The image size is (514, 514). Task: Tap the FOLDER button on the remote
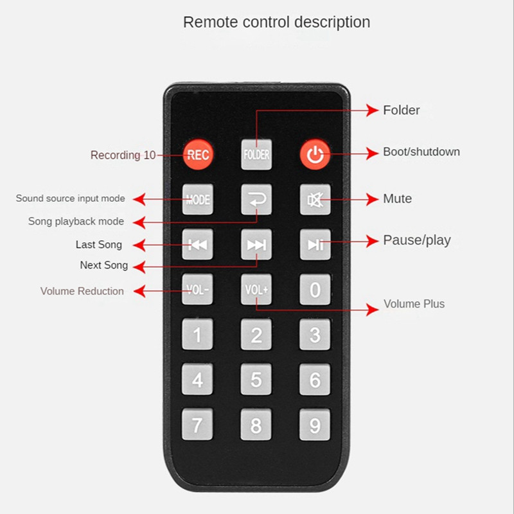256,154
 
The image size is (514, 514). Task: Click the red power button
315,154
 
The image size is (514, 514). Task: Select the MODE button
197,199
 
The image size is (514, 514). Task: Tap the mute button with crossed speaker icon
315,199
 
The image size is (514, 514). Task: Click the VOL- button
197,289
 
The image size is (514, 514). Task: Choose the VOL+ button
256,289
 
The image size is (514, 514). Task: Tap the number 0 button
315,289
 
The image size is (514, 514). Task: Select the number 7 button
197,425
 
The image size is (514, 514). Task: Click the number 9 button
315,425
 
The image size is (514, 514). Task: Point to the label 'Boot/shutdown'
421,152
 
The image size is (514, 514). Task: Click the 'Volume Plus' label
414,304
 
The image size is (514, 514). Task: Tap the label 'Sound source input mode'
71,199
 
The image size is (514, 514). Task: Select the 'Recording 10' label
123,155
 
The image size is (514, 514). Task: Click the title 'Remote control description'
276,22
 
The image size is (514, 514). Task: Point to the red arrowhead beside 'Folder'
372,111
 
